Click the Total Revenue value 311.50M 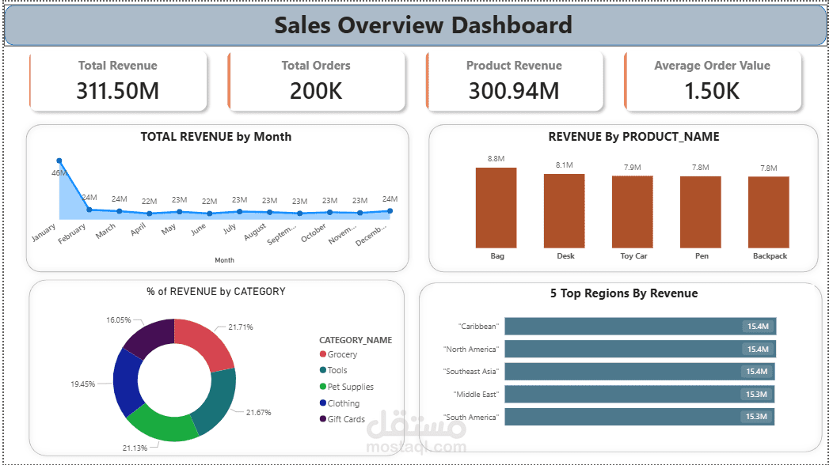click(x=117, y=91)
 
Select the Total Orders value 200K click(x=315, y=91)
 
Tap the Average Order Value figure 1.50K click(x=712, y=91)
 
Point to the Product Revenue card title click(x=514, y=66)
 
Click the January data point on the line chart click(x=59, y=161)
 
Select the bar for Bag click(x=496, y=207)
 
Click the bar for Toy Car click(x=632, y=211)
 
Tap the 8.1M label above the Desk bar click(x=564, y=165)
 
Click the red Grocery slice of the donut click(x=208, y=344)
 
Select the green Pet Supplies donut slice click(x=162, y=422)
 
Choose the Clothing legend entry click(x=343, y=403)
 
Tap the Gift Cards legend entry click(x=346, y=419)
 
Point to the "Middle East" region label click(x=477, y=394)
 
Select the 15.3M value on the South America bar click(x=756, y=417)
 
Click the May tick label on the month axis click(x=168, y=229)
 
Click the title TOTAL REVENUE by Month click(x=215, y=137)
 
